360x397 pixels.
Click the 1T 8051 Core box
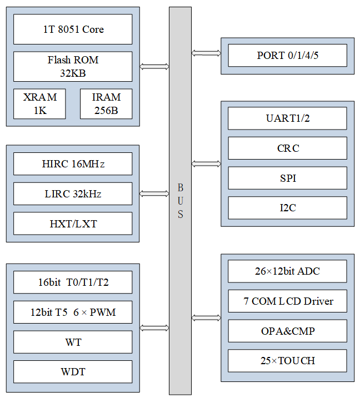tap(73, 29)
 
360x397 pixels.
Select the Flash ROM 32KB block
tap(73, 67)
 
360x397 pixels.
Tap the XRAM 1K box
tap(39, 104)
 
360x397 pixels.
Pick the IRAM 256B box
tap(106, 104)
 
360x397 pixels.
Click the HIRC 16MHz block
tap(73, 164)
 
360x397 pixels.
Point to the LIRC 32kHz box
tap(73, 193)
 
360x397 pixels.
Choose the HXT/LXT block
tap(73, 224)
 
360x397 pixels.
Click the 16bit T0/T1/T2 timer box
tap(73, 282)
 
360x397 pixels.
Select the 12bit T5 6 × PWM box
tap(73, 312)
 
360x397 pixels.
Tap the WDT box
tap(73, 371)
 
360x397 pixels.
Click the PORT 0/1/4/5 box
tap(288, 56)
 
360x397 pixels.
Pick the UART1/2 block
tap(288, 118)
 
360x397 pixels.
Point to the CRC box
tap(288, 148)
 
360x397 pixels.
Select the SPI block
tap(288, 178)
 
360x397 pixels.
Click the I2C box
tap(288, 208)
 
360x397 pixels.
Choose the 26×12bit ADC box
tap(288, 271)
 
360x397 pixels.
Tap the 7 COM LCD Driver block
tap(288, 301)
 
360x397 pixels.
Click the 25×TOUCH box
tap(288, 361)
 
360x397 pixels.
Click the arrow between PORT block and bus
tap(206, 53)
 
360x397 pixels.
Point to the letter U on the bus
tap(181, 201)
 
